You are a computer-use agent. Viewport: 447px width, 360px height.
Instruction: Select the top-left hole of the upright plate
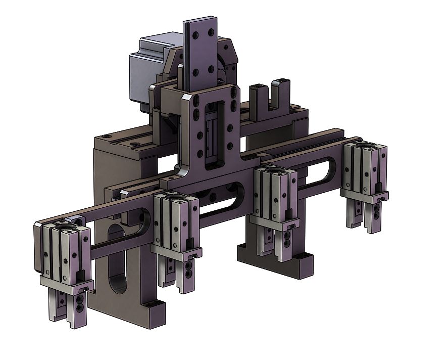coord(194,36)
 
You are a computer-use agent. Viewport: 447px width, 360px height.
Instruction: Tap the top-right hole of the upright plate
coord(208,32)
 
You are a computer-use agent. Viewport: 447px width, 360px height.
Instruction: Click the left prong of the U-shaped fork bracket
coord(256,96)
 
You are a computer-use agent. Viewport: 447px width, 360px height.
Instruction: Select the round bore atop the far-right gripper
coord(365,148)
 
